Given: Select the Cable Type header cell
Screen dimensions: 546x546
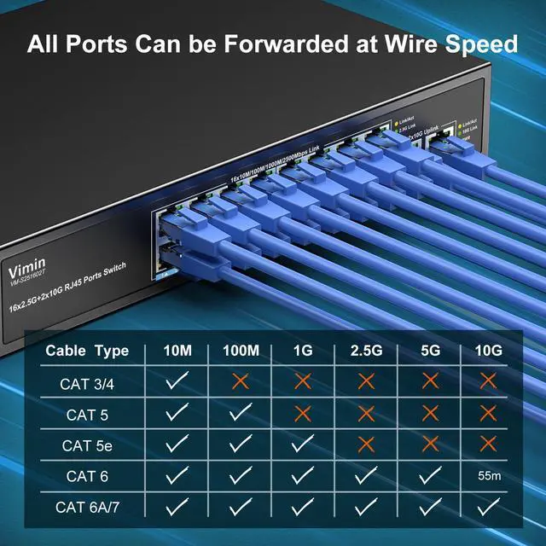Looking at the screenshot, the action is (x=87, y=351).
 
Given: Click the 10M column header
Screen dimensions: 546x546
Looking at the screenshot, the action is (x=177, y=351).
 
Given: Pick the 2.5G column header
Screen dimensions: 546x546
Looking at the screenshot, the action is (x=367, y=351).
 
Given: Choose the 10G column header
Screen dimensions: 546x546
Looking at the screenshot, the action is (x=488, y=351).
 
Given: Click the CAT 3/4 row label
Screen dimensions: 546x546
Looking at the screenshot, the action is (x=87, y=383).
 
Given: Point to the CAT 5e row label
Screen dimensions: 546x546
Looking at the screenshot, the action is (x=87, y=445).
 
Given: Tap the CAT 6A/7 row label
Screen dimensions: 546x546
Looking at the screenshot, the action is (x=87, y=508).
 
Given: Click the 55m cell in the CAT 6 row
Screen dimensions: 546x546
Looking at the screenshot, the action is (x=488, y=476).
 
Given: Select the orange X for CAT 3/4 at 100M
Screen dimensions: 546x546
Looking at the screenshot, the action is (x=241, y=382).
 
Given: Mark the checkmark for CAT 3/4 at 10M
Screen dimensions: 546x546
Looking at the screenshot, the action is (x=177, y=382).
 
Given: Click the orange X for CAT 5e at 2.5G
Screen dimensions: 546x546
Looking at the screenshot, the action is (x=367, y=444).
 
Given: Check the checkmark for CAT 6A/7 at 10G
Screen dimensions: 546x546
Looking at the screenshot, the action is (x=488, y=507).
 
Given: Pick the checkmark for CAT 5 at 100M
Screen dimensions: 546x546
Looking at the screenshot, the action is (x=241, y=414).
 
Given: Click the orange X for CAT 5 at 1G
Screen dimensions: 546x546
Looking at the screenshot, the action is (x=304, y=414).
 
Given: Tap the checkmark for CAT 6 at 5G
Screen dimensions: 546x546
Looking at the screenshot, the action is (x=429, y=476).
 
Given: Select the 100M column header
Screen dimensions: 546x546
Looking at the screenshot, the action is (x=241, y=351).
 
